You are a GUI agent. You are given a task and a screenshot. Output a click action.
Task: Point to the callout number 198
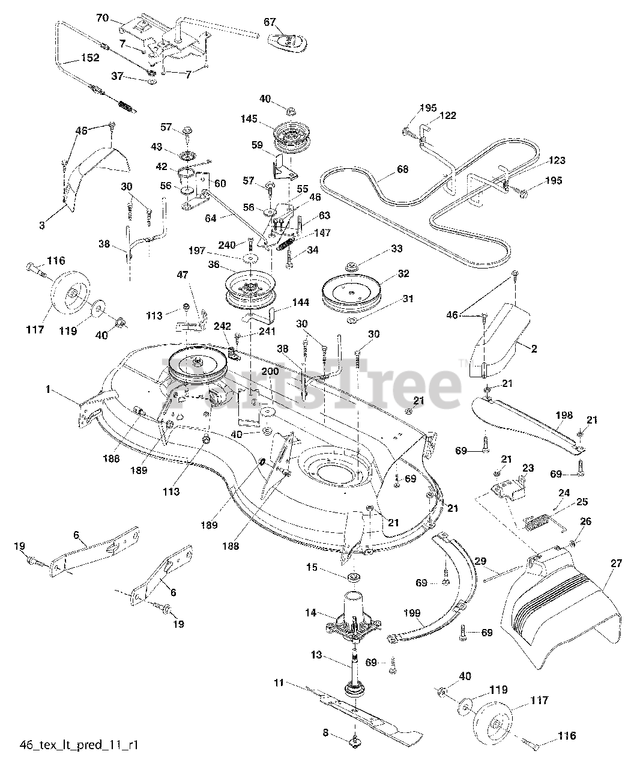pos(564,415)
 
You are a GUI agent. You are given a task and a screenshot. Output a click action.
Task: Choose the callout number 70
pos(103,18)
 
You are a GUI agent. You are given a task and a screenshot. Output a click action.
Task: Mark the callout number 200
pos(270,372)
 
